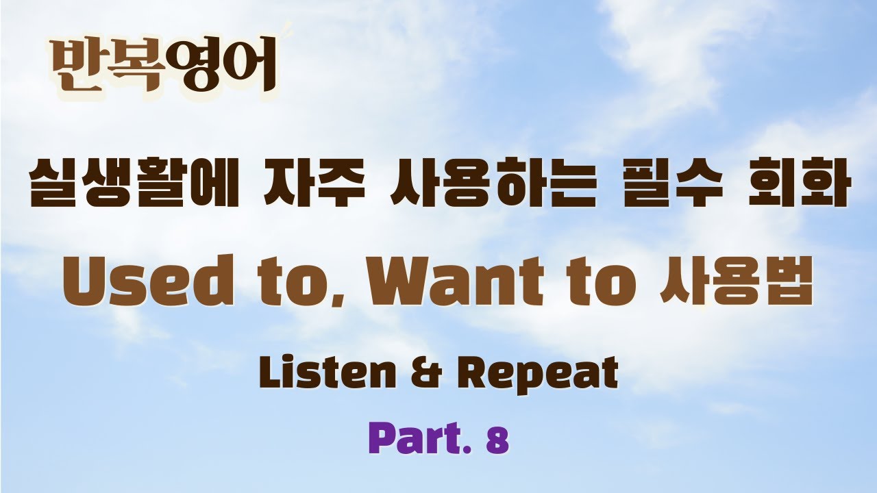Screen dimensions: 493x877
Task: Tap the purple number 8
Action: (x=498, y=441)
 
